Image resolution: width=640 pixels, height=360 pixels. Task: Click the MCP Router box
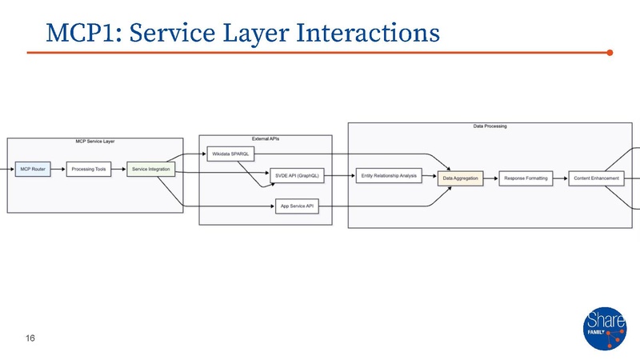pos(33,170)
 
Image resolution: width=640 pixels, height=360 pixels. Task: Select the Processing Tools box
pos(89,170)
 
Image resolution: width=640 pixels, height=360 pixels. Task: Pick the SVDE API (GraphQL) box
pos(297,177)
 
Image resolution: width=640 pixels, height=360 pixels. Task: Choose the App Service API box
pos(297,206)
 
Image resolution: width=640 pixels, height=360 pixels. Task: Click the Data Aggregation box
pos(460,178)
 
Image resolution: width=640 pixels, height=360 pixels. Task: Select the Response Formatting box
pos(526,178)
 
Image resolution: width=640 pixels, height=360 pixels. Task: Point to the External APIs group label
pos(265,138)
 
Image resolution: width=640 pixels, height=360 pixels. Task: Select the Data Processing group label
pos(490,126)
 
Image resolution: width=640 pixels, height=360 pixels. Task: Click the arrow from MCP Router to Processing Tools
pos(57,170)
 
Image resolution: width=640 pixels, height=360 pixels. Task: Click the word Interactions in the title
pos(367,33)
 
